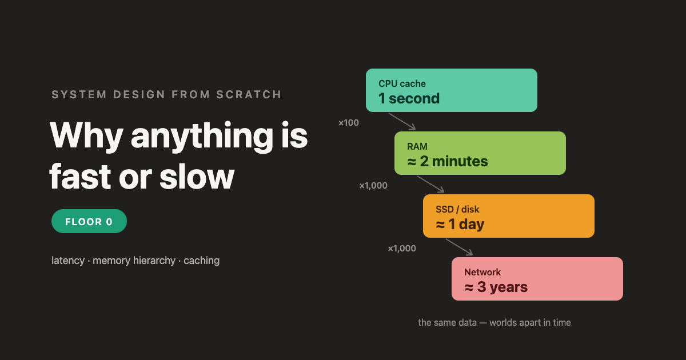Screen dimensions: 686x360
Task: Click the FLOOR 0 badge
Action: (x=89, y=221)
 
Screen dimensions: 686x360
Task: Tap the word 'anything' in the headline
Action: (x=202, y=136)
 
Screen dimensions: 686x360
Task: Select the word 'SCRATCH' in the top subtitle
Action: (x=249, y=95)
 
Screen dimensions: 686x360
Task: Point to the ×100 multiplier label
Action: (x=349, y=123)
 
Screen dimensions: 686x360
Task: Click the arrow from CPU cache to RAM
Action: (x=402, y=122)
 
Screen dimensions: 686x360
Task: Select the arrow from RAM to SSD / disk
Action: (x=430, y=184)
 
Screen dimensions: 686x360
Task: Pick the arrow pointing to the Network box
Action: (x=459, y=247)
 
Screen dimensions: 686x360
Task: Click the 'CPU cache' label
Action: (x=402, y=83)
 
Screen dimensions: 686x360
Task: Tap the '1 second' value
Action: (x=409, y=98)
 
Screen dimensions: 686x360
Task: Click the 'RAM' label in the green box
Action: (x=417, y=147)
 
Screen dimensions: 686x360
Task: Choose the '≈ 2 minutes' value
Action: (x=448, y=161)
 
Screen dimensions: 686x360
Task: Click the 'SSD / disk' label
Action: (x=457, y=209)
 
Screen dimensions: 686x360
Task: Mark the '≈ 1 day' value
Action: (x=460, y=225)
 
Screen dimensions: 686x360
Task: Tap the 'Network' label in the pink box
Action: (x=482, y=272)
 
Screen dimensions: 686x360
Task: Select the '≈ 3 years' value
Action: (x=496, y=287)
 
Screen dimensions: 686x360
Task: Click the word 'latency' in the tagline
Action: (x=68, y=261)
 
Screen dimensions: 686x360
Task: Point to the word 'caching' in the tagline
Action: (x=201, y=261)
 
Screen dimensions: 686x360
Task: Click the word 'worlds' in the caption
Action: (x=503, y=323)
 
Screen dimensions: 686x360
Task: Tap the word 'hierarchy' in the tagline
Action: (x=154, y=261)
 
